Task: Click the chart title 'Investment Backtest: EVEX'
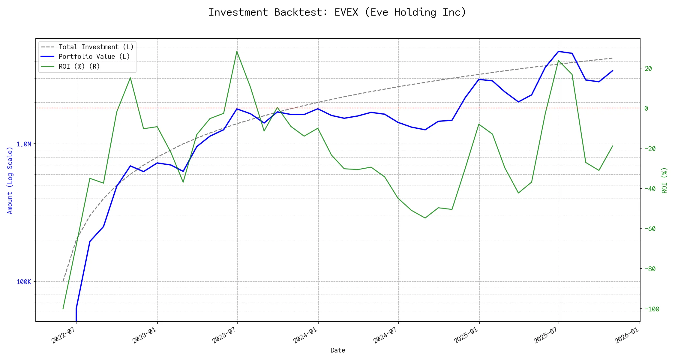[x=337, y=12]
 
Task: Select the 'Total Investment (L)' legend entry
[x=96, y=47]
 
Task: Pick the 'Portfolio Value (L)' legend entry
[x=94, y=57]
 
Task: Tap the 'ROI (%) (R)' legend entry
[x=79, y=66]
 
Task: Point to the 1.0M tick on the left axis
[x=24, y=144]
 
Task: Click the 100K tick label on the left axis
[x=24, y=282]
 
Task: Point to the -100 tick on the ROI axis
[x=652, y=309]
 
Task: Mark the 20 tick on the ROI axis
[x=648, y=68]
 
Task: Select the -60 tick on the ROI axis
[x=650, y=229]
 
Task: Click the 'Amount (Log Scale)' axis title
[x=10, y=180]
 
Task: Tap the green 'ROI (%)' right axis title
[x=664, y=180]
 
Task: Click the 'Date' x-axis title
[x=338, y=350]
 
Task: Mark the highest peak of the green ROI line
[x=237, y=51]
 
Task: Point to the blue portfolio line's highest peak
[x=558, y=51]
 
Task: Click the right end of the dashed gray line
[x=612, y=58]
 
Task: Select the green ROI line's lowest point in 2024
[x=425, y=218]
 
